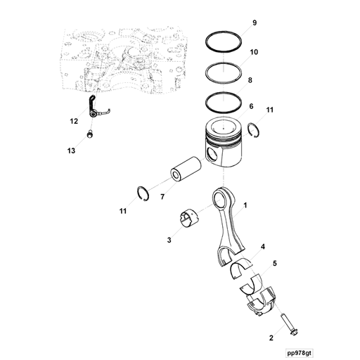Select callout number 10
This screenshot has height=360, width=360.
254,53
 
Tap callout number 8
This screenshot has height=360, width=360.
250,80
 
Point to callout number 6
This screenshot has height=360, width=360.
250,106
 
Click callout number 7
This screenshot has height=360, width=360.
162,197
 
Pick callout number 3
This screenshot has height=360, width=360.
169,240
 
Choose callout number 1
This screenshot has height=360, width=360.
245,207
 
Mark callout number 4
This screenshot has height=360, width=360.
262,247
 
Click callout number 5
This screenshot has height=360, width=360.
274,264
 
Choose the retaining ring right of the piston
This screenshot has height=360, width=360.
255,128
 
